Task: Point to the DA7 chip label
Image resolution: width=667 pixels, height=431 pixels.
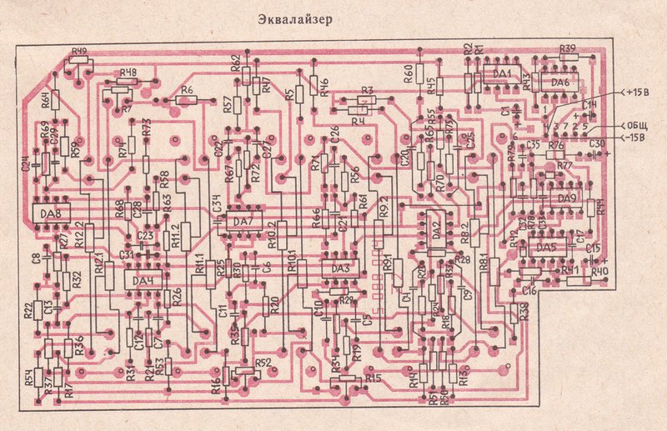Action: [243, 221]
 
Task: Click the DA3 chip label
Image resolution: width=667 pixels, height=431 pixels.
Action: [340, 268]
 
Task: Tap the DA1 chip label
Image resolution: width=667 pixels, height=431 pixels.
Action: [502, 75]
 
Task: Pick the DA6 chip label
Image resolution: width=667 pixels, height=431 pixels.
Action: [559, 83]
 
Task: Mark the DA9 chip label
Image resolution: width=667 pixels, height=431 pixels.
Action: [567, 198]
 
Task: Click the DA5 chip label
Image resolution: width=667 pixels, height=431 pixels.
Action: [546, 247]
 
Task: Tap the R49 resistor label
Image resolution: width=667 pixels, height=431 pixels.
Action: [80, 52]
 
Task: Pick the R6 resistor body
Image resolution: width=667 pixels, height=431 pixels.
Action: [185, 100]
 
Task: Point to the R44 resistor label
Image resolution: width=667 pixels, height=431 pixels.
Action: [601, 207]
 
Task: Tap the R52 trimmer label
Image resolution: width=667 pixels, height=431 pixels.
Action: [263, 363]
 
